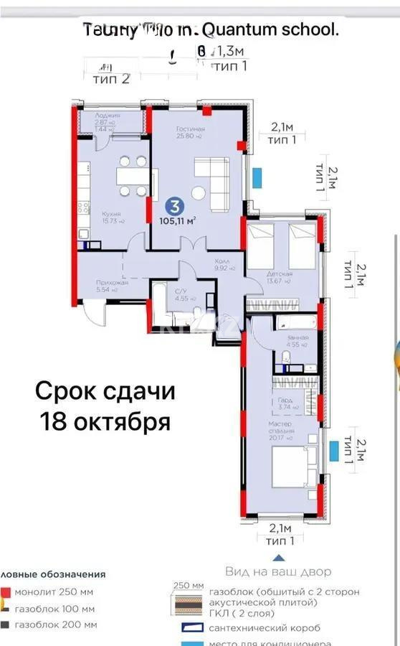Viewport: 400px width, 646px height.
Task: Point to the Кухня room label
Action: (91, 214)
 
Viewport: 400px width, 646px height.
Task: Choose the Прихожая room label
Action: (92, 283)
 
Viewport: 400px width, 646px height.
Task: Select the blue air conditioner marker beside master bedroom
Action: (334, 451)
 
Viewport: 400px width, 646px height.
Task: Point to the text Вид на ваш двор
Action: (278, 571)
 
